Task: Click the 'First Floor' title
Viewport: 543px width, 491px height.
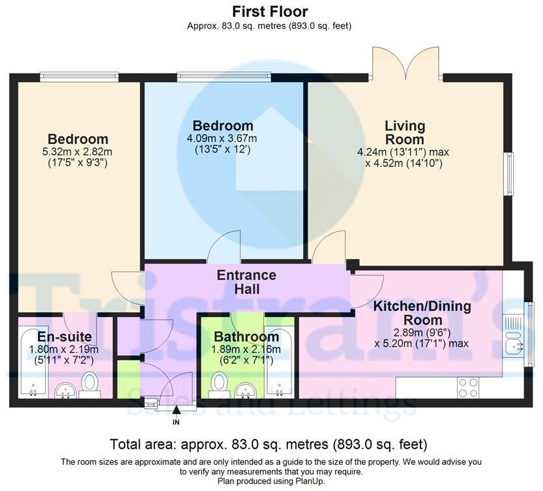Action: click(270, 12)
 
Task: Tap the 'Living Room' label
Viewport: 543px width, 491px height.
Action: click(405, 133)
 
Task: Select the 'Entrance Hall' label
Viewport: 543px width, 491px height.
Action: click(246, 282)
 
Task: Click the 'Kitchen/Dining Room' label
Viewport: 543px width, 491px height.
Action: click(422, 313)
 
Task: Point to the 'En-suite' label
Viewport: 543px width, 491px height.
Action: click(65, 336)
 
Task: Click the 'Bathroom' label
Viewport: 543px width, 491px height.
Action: click(246, 336)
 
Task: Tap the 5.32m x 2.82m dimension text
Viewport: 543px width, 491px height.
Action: click(77, 152)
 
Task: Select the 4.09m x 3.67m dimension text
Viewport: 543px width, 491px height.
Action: click(222, 139)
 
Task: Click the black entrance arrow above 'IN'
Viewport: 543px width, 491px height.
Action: click(177, 410)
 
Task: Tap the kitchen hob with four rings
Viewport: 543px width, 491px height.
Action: click(468, 388)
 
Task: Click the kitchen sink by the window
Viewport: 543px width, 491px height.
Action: click(514, 344)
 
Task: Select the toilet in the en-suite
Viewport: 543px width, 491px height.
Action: click(90, 385)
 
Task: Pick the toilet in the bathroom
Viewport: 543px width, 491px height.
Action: click(218, 385)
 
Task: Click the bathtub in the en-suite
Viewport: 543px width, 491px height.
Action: click(33, 361)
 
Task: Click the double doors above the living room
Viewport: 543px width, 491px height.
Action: click(406, 64)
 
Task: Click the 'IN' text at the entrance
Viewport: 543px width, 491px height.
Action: click(176, 422)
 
